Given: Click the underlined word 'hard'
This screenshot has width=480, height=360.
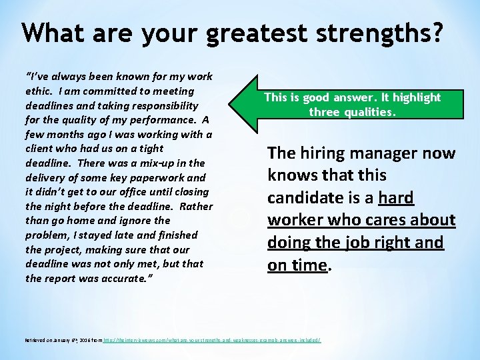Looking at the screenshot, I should (x=396, y=198).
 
